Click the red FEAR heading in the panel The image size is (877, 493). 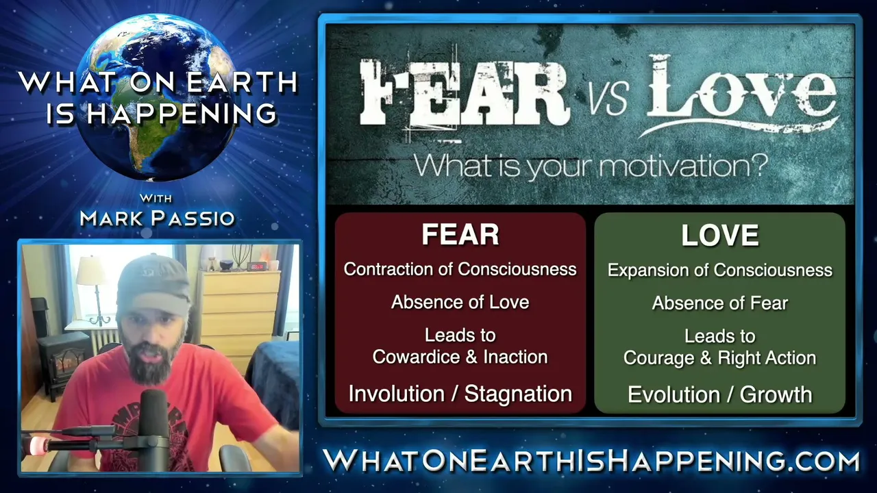pos(460,234)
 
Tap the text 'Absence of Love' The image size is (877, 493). pos(460,302)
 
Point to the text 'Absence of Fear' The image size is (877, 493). pos(720,303)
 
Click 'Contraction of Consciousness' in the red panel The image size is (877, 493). pos(460,269)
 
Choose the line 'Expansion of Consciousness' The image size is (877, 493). pos(720,270)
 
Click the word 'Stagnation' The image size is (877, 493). pos(519,394)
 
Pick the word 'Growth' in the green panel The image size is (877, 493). pos(776,394)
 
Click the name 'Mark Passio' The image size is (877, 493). pos(158,218)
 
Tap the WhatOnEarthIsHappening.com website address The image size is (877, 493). pos(591,461)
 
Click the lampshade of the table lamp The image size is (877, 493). pos(92,270)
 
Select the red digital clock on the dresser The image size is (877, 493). pos(257,266)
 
